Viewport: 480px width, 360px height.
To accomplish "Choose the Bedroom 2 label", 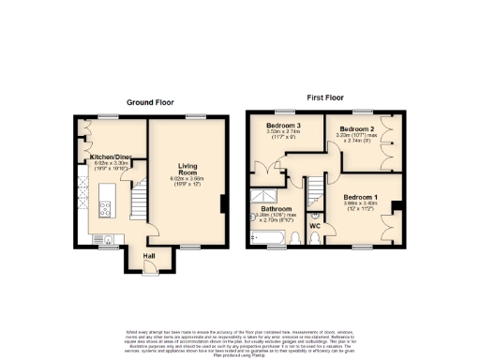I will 356,128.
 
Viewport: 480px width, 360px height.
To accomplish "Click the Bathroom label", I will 277,208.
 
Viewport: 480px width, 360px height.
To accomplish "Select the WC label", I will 315,226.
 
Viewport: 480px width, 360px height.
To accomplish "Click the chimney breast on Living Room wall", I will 222,206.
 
